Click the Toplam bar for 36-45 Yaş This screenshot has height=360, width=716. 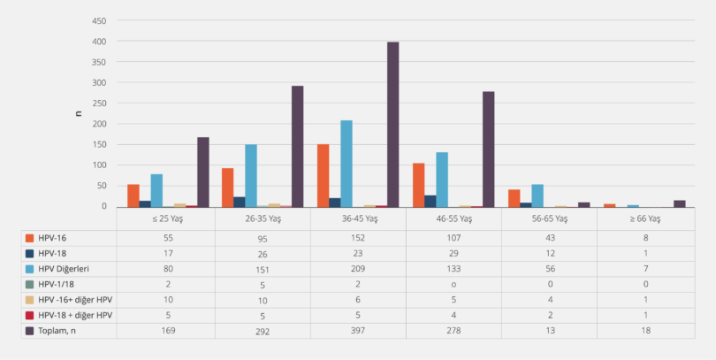pos(392,125)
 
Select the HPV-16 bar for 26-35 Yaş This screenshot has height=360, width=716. pos(227,188)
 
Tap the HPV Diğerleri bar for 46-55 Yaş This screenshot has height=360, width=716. pos(442,180)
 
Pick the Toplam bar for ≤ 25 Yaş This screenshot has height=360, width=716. pos(202,172)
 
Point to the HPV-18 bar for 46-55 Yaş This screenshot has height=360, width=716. pos(430,201)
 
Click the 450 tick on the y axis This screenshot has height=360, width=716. pos(100,20)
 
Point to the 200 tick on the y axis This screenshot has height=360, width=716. pos(100,124)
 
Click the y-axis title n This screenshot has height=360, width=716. pos(77,113)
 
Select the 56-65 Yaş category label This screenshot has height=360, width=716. pos(550,218)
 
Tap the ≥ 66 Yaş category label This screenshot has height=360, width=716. pos(645,218)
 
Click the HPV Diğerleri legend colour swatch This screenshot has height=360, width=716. pos(30,267)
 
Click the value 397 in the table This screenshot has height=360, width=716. pos(359,330)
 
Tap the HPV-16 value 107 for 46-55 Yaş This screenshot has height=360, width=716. pos(454,237)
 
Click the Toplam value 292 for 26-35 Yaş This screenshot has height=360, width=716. pos(263,330)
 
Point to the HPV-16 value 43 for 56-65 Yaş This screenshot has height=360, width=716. pos(550,237)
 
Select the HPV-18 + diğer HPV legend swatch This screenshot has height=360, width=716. pos(30,314)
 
